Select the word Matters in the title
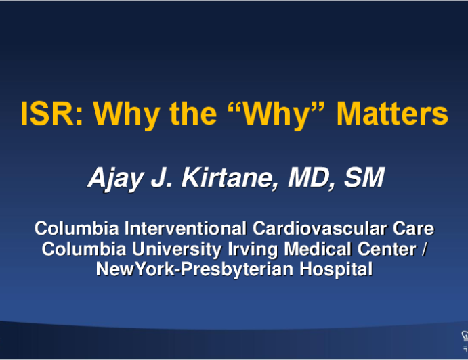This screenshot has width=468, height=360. point(392,114)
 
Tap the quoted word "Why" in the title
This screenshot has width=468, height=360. point(276,116)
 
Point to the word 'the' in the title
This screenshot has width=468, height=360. point(193,114)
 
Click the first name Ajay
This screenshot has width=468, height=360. point(116,179)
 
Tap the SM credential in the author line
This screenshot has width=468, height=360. point(364,177)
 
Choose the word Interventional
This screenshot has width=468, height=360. point(186,229)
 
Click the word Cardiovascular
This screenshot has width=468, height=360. point(320,229)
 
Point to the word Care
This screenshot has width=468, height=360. point(413,229)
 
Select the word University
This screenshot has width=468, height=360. point(177,250)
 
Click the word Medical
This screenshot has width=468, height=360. point(317,249)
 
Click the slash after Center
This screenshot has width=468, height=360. point(425,249)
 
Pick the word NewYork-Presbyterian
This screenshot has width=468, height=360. point(194,270)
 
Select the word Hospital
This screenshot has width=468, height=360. point(336,270)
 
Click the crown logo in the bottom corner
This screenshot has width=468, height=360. point(465,340)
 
